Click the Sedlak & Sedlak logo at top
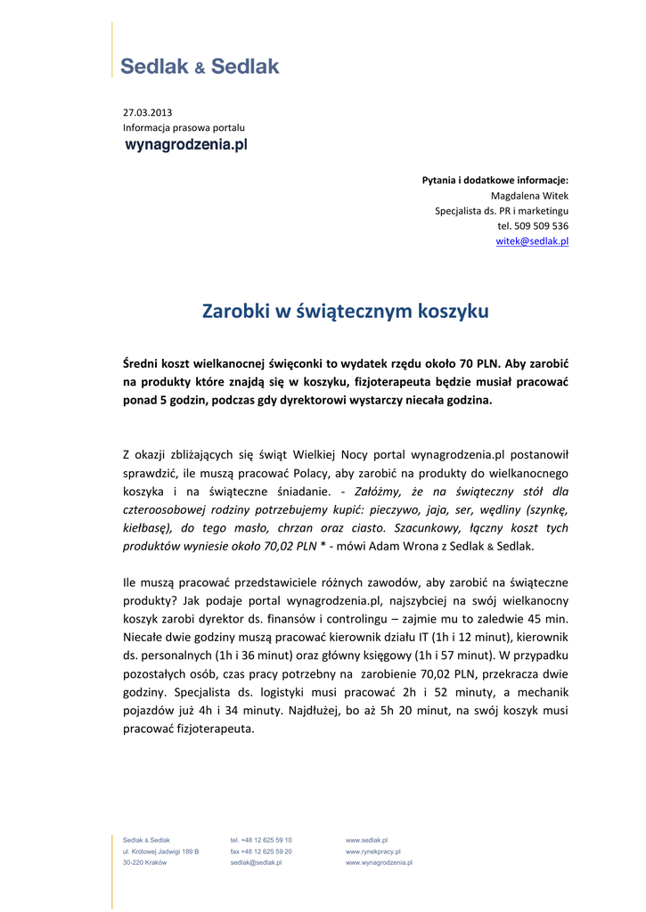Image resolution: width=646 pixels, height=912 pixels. (x=200, y=66)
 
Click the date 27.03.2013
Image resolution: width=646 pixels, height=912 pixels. (x=147, y=112)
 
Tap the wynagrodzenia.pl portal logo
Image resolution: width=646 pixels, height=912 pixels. (x=184, y=144)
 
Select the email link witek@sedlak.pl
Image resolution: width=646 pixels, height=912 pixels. (x=532, y=241)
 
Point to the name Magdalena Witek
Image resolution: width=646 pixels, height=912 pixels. (x=529, y=196)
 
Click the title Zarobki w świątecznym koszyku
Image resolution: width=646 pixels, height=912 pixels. (x=346, y=312)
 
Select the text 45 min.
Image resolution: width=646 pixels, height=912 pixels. (x=548, y=619)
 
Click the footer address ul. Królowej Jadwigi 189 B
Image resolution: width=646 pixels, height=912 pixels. (x=160, y=851)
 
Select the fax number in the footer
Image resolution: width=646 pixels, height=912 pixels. (x=261, y=851)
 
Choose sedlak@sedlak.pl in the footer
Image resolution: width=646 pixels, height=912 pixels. (x=256, y=863)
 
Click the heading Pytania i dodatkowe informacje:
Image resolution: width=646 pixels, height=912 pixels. (x=495, y=181)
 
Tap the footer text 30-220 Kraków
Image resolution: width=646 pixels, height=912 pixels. (x=144, y=863)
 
